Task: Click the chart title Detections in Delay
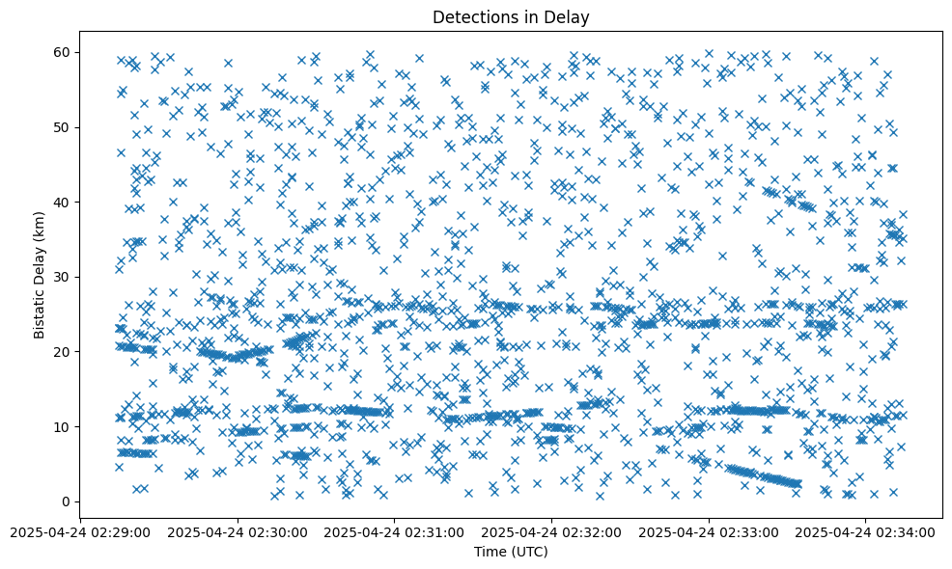tap(511, 16)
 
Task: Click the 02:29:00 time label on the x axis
tap(81, 531)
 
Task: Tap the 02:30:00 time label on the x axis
tap(238, 531)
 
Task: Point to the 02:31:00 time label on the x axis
tap(395, 531)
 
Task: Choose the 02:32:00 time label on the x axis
tap(552, 531)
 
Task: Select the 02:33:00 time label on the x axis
tap(710, 531)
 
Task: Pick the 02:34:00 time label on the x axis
tap(866, 531)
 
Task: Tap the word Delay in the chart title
tap(571, 16)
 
